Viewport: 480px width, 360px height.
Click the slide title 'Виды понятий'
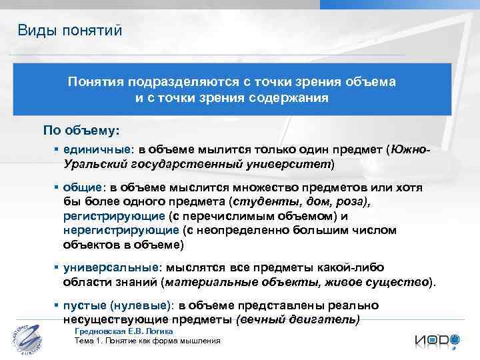[x=70, y=29]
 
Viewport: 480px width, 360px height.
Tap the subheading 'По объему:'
[x=81, y=129]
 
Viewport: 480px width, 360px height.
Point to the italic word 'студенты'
[x=259, y=201]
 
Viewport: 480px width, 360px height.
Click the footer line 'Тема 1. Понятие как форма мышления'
[x=147, y=341]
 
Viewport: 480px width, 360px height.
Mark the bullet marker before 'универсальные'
[x=57, y=268]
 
